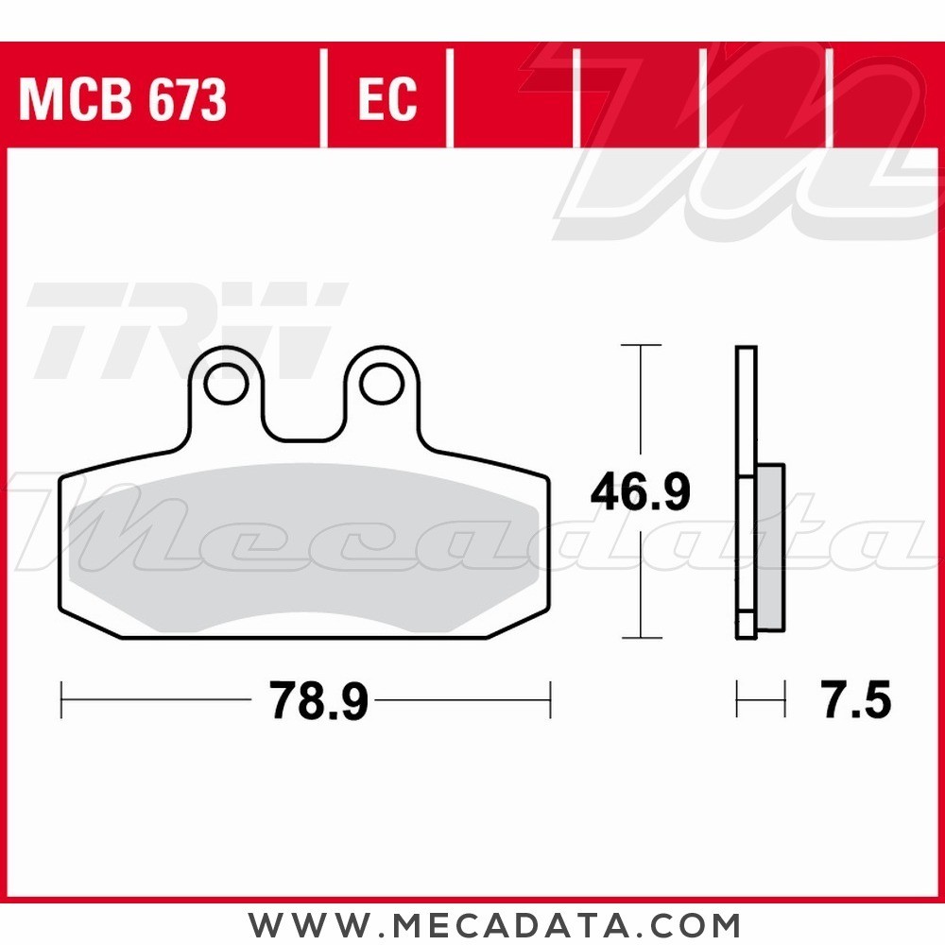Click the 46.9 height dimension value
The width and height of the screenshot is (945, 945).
click(641, 492)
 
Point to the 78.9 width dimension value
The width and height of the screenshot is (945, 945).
click(318, 701)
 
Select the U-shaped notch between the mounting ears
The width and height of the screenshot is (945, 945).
click(303, 416)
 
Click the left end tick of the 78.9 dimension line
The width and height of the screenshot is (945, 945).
click(61, 700)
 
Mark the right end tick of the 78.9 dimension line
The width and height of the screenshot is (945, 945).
click(550, 700)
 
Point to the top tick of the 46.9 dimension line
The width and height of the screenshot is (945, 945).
click(641, 346)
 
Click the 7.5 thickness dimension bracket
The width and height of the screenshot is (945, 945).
click(761, 701)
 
